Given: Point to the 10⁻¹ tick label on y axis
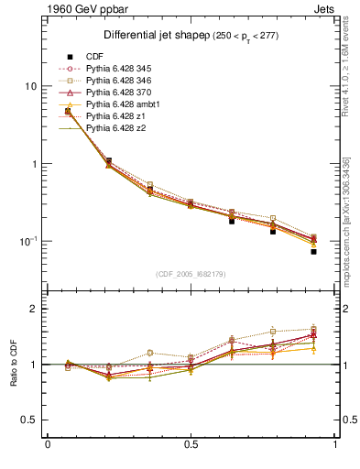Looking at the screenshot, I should click(27, 241).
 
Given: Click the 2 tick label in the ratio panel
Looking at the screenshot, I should click(33, 310).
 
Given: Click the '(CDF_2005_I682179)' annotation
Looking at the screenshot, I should click(191, 274).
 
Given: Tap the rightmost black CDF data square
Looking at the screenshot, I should click(313, 251).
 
